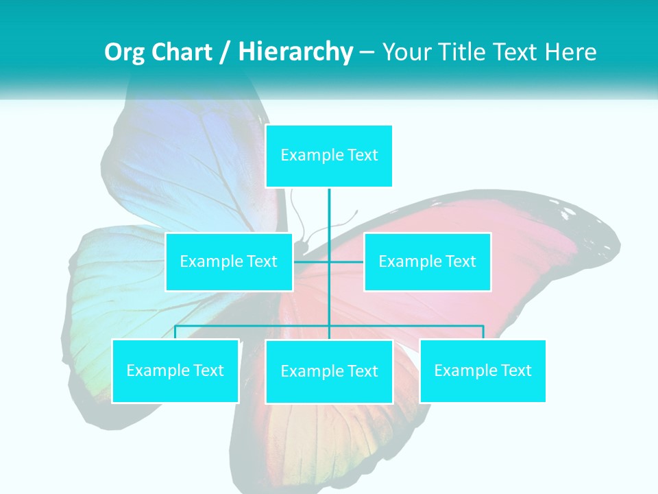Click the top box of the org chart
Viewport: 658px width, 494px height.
(329, 156)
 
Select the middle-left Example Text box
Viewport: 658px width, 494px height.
(229, 261)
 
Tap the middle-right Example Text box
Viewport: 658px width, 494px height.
(427, 261)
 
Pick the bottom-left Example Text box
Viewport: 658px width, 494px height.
(175, 370)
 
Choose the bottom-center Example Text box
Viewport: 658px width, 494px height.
(329, 371)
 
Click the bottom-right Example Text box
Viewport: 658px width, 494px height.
(483, 370)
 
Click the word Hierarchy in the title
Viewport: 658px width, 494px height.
(295, 52)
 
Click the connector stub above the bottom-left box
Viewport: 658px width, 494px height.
(175, 332)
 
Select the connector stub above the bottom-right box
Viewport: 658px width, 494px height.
(483, 332)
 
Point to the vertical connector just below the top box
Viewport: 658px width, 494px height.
(329, 206)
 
